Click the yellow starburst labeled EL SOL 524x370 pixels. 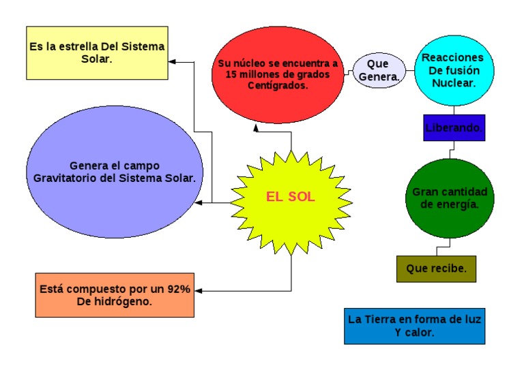click(291, 198)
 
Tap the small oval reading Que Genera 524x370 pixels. click(378, 71)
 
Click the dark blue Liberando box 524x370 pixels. click(454, 127)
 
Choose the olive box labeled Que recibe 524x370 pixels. click(436, 268)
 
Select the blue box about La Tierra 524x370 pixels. click(414, 326)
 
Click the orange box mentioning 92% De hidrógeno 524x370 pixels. click(115, 294)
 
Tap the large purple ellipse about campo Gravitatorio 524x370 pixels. click(115, 172)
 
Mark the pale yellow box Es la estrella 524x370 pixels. click(97, 53)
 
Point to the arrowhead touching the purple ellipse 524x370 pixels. click(199, 202)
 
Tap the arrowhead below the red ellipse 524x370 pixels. click(255, 127)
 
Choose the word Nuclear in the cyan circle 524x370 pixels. click(452, 82)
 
